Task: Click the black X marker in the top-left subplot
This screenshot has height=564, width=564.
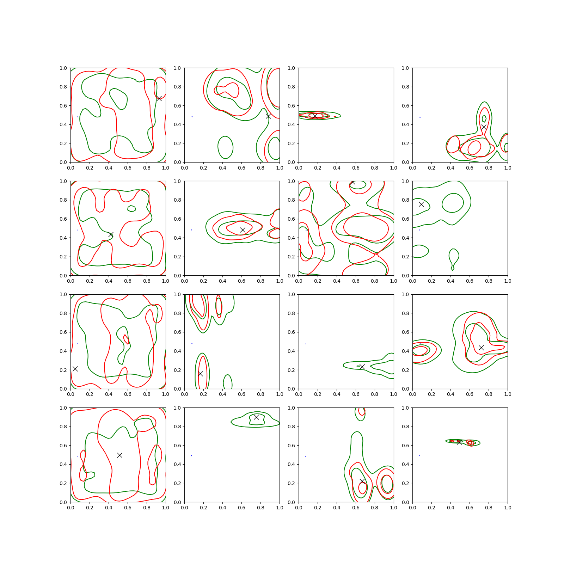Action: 159,98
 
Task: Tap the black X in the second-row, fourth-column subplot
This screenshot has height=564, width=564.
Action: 421,204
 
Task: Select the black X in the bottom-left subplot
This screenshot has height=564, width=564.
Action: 119,455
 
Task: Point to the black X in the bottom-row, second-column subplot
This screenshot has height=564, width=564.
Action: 256,417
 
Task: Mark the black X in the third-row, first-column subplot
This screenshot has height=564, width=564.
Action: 75,369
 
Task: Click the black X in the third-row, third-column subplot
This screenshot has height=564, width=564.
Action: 362,367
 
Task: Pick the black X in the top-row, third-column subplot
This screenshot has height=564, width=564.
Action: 315,116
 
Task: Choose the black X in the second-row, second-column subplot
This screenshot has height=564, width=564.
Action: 243,230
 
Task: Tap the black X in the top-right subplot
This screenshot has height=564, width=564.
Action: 484,127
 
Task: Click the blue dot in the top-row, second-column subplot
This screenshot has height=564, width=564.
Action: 192,117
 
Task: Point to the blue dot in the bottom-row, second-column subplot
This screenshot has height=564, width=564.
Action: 191,455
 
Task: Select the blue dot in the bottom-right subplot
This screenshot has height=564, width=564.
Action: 420,455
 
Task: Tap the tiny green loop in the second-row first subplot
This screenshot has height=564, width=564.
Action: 131,208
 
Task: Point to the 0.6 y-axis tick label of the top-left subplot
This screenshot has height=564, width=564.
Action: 63,106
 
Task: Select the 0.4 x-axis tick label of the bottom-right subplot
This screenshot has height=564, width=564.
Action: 450,508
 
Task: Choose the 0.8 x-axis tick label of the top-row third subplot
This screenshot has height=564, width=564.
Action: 375,168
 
